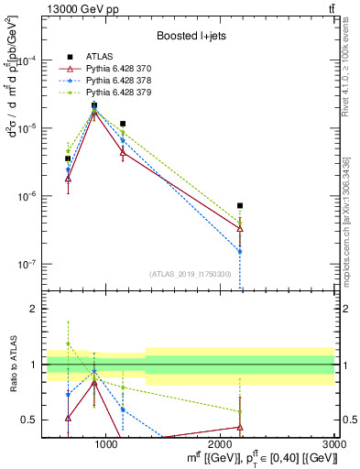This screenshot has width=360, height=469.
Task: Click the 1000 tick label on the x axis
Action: [x=106, y=444]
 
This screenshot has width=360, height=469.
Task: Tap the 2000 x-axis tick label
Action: [x=221, y=444]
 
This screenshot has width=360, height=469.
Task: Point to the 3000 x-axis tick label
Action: [x=333, y=444]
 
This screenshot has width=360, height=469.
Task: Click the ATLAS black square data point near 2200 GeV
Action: [x=239, y=206]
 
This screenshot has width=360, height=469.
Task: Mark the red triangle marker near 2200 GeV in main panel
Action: [x=239, y=227]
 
